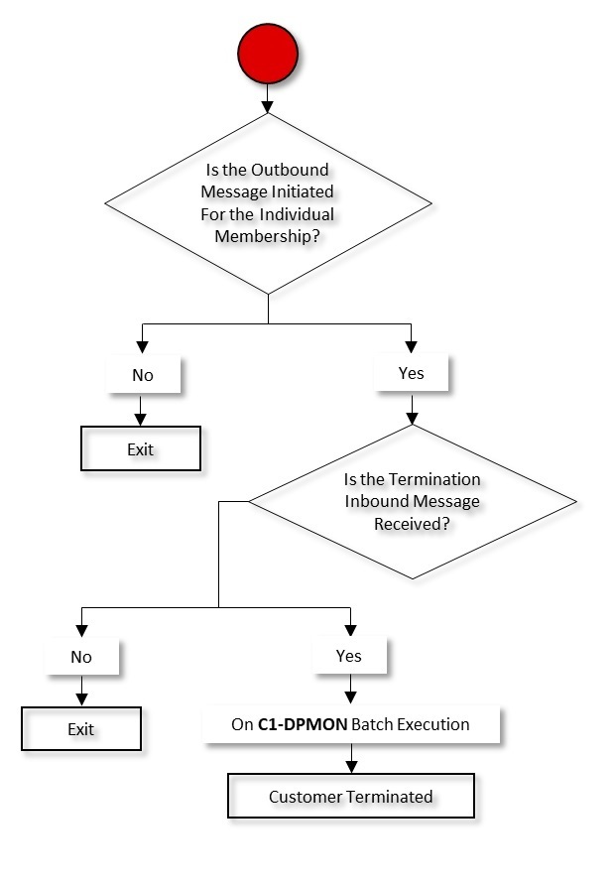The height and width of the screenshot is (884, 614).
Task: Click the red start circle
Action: pyautogui.click(x=268, y=55)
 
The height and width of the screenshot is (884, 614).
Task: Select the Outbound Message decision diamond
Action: pyautogui.click(x=268, y=203)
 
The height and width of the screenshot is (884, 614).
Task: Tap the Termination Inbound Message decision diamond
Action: pyautogui.click(x=412, y=502)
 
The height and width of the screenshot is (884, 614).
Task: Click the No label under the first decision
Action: pyautogui.click(x=143, y=375)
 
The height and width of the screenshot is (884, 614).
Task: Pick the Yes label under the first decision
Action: pyautogui.click(x=411, y=373)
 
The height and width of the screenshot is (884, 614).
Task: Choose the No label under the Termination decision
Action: pyautogui.click(x=81, y=657)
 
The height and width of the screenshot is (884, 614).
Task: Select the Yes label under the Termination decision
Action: pyautogui.click(x=348, y=655)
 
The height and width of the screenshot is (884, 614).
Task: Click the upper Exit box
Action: pyautogui.click(x=141, y=448)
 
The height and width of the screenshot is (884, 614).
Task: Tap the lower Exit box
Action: pyautogui.click(x=81, y=729)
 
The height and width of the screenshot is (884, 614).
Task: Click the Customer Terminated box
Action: pyautogui.click(x=351, y=797)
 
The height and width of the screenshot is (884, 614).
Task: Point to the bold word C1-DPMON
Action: pyautogui.click(x=303, y=724)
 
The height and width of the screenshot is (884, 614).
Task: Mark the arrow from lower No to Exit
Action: pyautogui.click(x=81, y=691)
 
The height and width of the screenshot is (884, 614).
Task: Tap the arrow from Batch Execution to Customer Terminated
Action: pyautogui.click(x=350, y=760)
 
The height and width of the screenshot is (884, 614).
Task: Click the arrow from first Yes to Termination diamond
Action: pyautogui.click(x=411, y=409)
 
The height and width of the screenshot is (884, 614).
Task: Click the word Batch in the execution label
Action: pyautogui.click(x=374, y=724)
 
